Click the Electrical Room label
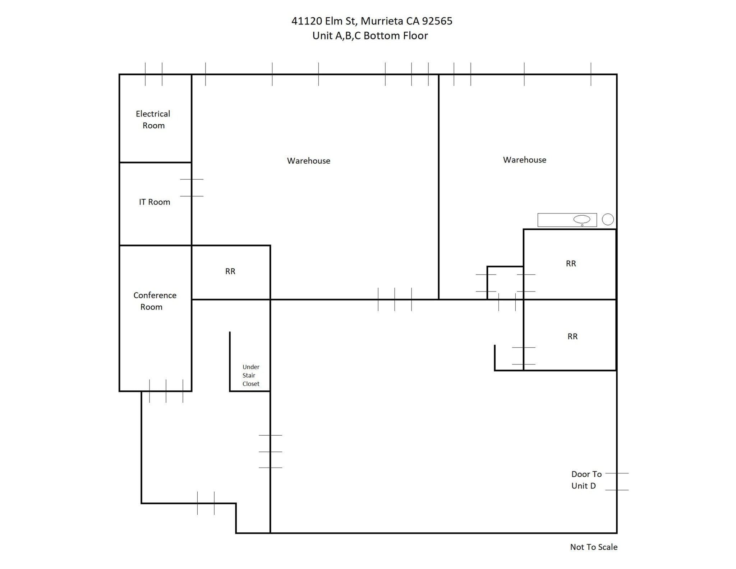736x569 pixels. [x=153, y=119]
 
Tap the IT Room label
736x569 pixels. [x=155, y=202]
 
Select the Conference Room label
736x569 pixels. [x=155, y=301]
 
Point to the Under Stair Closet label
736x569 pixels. [x=250, y=375]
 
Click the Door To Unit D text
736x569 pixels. [x=586, y=480]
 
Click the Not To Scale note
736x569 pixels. [x=593, y=547]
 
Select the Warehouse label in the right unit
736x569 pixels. [x=524, y=160]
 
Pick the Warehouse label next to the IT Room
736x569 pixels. [x=308, y=161]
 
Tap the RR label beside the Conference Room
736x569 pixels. [x=230, y=271]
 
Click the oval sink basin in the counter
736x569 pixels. [x=581, y=219]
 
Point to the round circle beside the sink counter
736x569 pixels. [x=608, y=219]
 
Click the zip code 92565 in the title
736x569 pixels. [x=437, y=21]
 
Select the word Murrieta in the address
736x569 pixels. [x=382, y=21]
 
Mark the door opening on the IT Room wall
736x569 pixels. [x=192, y=188]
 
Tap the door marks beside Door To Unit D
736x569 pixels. [x=617, y=482]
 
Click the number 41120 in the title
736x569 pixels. [x=306, y=21]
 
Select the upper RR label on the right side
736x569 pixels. [x=571, y=263]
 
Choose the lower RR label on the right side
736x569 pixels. [x=572, y=336]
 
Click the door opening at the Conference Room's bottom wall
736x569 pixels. [x=166, y=391]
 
